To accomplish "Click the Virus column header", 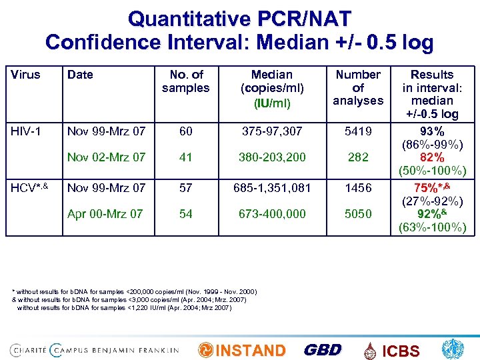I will [x=25, y=75].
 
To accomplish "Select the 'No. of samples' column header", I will [x=186, y=81].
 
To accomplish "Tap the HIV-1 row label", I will [x=26, y=132].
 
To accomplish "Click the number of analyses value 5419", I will [x=358, y=132].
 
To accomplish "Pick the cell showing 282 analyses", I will [x=358, y=158].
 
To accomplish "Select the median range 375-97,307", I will [x=271, y=132].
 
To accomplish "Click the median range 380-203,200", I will [x=271, y=158].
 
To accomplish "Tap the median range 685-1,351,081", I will [x=271, y=188].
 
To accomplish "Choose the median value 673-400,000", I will [x=271, y=214].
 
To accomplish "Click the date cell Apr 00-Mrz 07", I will [x=105, y=214].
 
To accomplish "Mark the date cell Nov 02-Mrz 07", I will [x=106, y=158].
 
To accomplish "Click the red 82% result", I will [x=432, y=158].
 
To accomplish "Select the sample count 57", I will [x=186, y=188].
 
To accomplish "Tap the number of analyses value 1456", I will [x=358, y=188].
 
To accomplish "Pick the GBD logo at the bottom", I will [x=323, y=350].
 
